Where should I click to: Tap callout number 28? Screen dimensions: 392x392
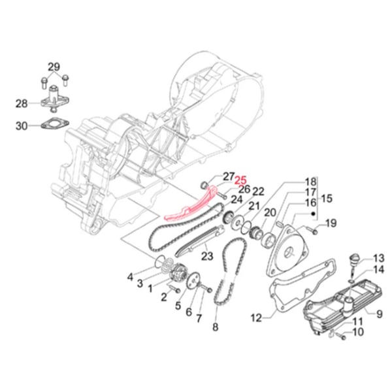pos(22,103)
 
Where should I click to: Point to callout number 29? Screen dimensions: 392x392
pos(53,67)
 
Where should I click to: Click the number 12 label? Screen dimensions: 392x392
pos(256,318)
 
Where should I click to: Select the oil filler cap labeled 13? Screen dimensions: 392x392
pos(357,257)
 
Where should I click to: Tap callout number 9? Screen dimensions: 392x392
pos(378,313)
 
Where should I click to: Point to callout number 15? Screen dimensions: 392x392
pos(327,198)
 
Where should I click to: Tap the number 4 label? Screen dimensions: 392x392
pos(131,275)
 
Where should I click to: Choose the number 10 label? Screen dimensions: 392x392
pos(358,333)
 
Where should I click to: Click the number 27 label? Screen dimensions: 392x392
pos(228,176)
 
